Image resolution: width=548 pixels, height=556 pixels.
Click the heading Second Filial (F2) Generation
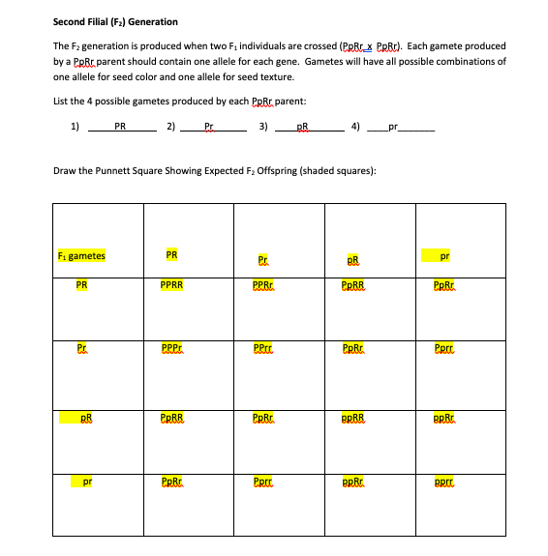click(x=115, y=21)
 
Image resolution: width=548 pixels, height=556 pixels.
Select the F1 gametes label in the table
click(x=82, y=256)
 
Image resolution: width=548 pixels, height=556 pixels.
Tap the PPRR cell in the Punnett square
click(x=172, y=285)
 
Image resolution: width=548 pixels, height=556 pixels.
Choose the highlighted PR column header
click(x=171, y=255)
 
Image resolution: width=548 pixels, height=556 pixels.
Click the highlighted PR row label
click(x=82, y=285)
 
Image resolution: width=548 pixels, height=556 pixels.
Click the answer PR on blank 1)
click(x=120, y=125)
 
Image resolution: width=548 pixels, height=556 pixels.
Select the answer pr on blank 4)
click(x=392, y=126)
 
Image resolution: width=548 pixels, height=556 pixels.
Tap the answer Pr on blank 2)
click(x=210, y=126)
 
